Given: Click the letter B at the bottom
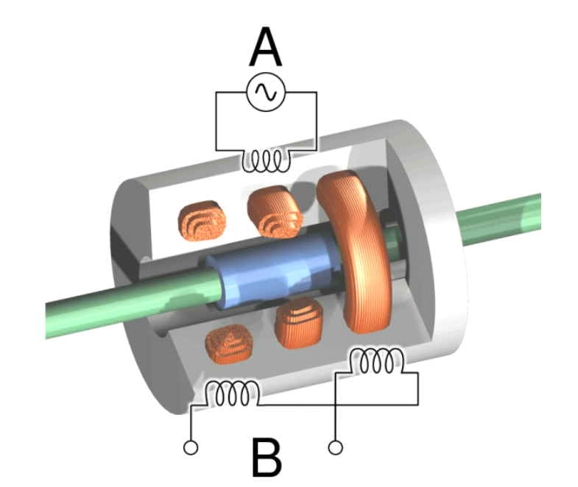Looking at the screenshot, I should click(x=266, y=457).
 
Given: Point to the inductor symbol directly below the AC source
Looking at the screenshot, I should click(x=266, y=160).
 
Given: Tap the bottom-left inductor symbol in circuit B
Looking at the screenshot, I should click(x=230, y=394).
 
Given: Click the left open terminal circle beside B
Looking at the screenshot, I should click(x=191, y=447).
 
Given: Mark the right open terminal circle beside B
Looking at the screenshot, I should click(x=336, y=447).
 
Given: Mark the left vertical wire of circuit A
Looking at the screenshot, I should click(x=215, y=121).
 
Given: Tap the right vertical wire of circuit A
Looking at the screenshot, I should click(x=317, y=121).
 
